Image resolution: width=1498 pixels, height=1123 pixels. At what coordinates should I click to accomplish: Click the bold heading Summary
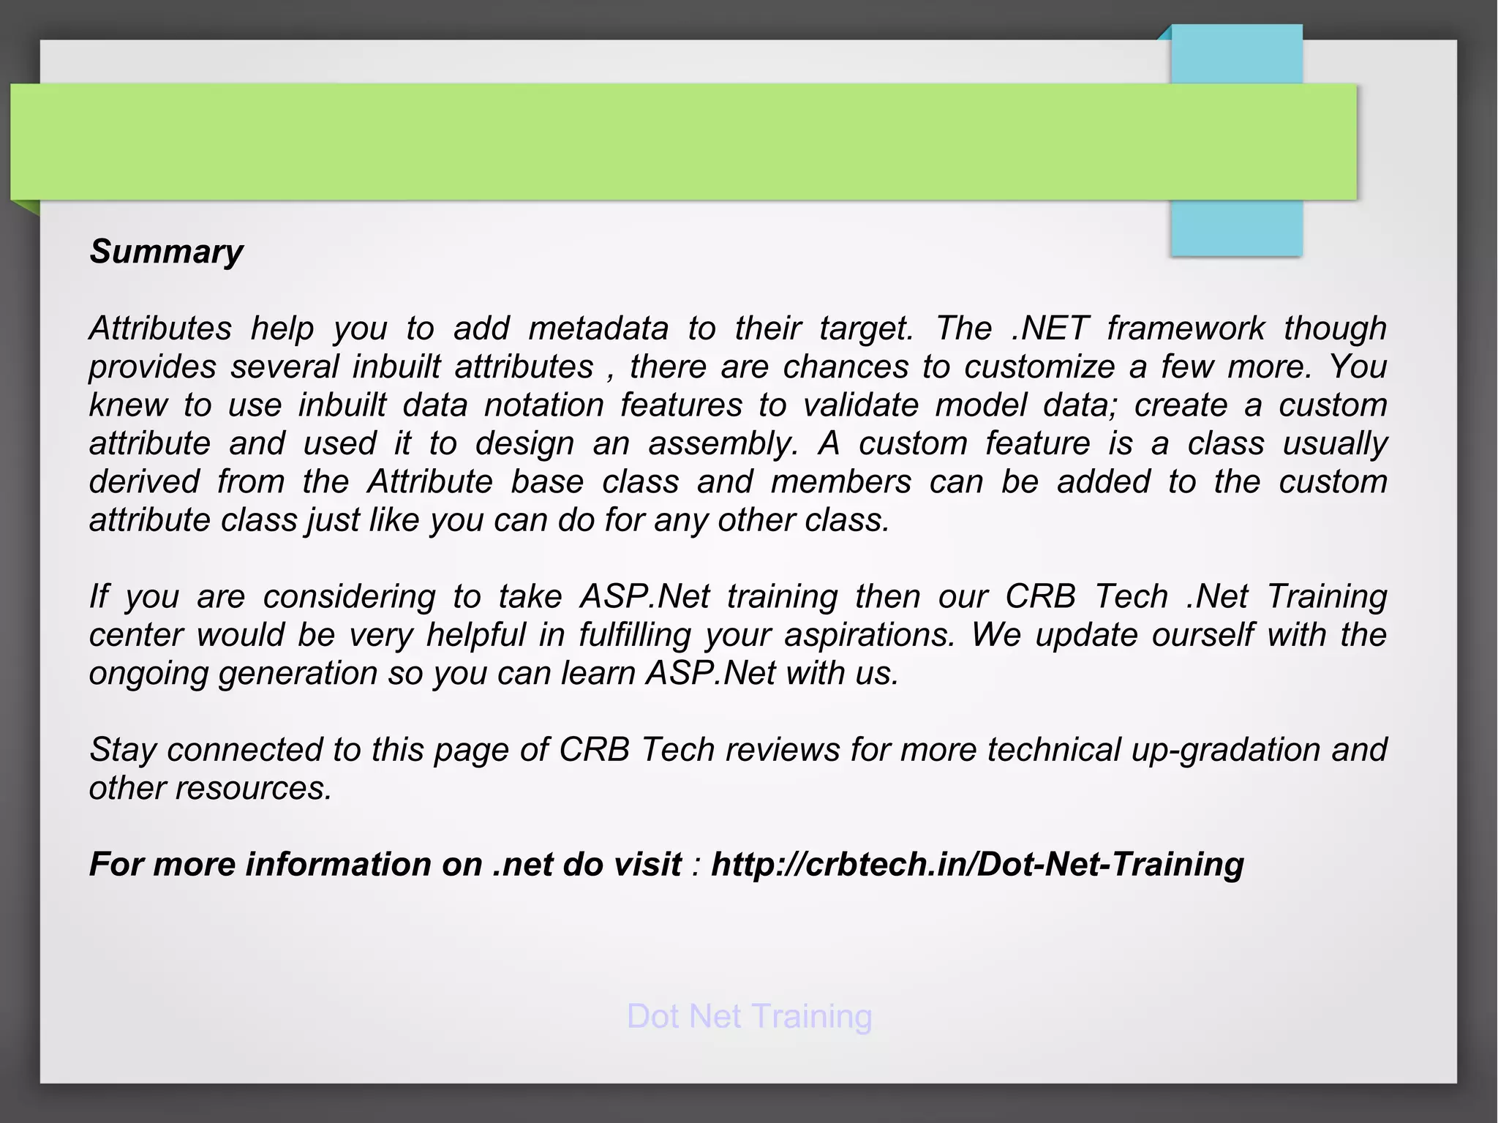click(166, 252)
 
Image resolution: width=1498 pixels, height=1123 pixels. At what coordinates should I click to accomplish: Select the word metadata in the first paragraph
click(598, 328)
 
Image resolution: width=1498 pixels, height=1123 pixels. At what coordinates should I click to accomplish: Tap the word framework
click(1185, 328)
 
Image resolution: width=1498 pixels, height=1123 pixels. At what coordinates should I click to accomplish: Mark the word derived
click(144, 482)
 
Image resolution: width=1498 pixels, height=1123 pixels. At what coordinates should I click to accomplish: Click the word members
click(841, 482)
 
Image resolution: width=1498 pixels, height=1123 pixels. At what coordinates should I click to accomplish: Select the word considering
click(349, 597)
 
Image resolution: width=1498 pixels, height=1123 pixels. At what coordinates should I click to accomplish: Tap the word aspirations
click(870, 635)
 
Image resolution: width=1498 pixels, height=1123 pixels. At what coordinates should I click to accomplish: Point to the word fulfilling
click(634, 635)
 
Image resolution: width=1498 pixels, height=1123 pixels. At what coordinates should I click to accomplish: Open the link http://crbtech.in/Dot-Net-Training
click(977, 865)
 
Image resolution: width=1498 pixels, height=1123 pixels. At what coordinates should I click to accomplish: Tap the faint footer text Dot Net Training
click(749, 1016)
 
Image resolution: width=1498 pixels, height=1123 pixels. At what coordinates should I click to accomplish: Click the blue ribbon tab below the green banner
click(1236, 228)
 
